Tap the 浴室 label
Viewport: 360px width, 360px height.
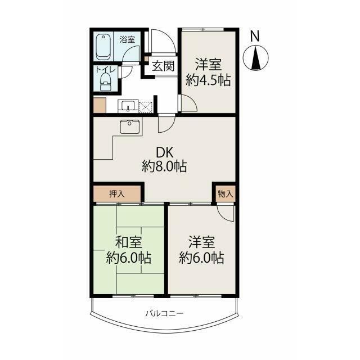(x=127, y=39)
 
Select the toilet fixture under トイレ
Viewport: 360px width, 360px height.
(x=106, y=82)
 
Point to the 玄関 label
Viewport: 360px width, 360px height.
(x=163, y=66)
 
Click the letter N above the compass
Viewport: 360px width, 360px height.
(x=255, y=36)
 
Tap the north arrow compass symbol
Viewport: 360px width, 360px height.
(x=255, y=57)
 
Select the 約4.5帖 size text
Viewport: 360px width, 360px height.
(x=208, y=80)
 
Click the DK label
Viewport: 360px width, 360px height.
(x=164, y=152)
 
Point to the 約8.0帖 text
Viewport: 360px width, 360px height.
(x=164, y=166)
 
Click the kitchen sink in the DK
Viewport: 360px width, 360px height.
(x=130, y=127)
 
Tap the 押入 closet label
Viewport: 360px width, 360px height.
(x=117, y=194)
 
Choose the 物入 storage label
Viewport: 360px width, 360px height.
(x=226, y=194)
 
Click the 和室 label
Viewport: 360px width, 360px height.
(x=129, y=242)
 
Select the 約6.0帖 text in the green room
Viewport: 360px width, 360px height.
(x=129, y=258)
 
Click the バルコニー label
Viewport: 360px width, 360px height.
(x=165, y=313)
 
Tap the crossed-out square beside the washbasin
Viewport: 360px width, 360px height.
(x=145, y=107)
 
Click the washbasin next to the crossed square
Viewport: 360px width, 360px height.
(x=128, y=106)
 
